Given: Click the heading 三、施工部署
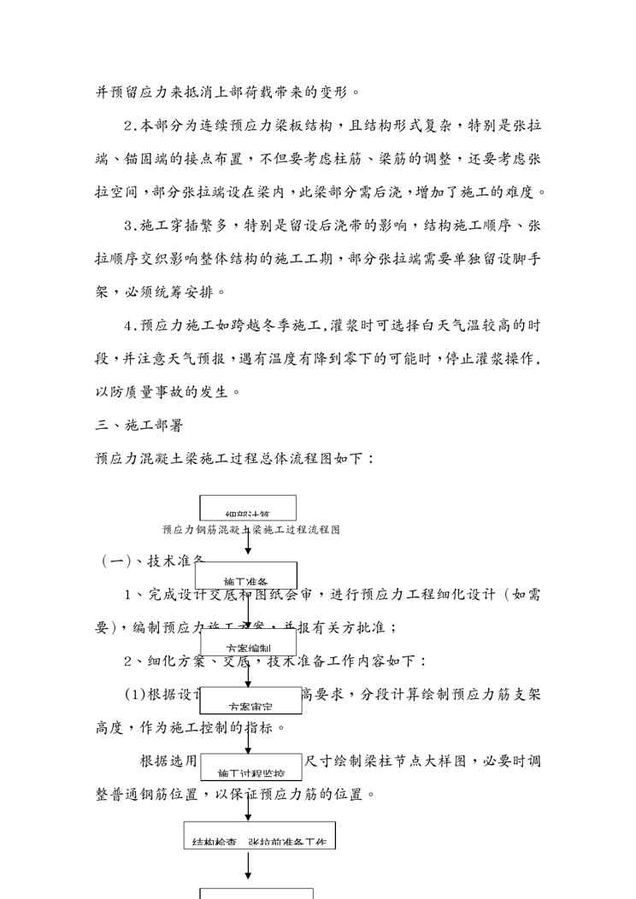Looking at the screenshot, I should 136,424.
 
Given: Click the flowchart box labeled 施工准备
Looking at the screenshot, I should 246,575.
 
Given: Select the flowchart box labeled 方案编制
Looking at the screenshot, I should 248,643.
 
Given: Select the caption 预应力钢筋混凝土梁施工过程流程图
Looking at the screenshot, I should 251,530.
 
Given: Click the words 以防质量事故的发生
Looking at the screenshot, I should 168,391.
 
